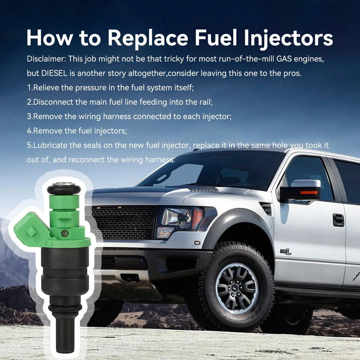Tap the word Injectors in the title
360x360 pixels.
[288, 38]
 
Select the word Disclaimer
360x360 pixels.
[46, 59]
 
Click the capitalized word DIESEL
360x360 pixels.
[54, 73]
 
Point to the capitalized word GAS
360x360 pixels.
[284, 59]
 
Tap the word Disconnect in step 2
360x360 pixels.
[53, 102]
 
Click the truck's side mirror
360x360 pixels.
[300, 190]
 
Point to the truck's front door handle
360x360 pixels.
[338, 220]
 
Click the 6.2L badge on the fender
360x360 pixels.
[285, 252]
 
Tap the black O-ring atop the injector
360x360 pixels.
[64, 189]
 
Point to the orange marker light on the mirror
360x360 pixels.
[309, 192]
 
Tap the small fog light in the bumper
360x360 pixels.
[197, 242]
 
